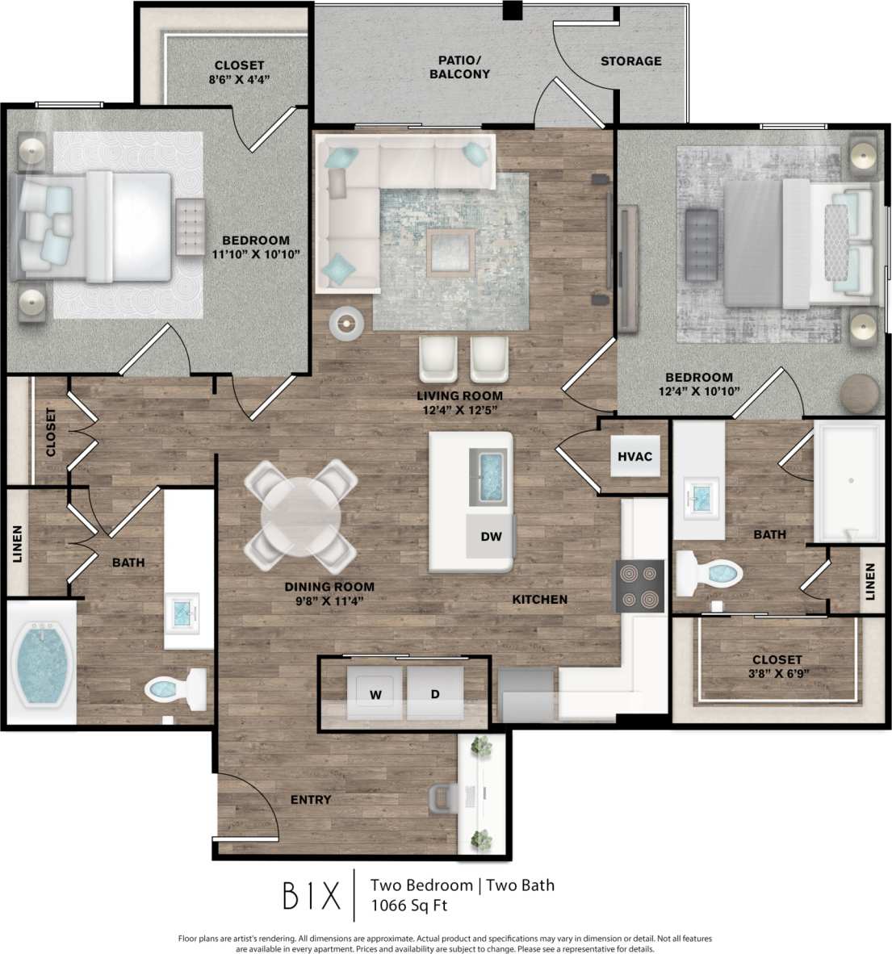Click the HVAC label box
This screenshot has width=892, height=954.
point(634,457)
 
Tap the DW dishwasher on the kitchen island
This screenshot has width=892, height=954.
point(491,537)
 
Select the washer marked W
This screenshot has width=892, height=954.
point(375,693)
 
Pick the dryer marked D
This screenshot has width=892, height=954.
point(434,693)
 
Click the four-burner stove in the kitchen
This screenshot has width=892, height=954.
point(639,586)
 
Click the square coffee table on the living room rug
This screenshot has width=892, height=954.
point(451,251)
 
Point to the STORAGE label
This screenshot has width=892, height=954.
point(630,61)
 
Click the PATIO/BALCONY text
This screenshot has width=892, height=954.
point(459,67)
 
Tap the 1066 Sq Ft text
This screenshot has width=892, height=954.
point(408,905)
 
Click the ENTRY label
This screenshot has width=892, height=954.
point(311,800)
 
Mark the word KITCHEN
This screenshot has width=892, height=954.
point(539,600)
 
